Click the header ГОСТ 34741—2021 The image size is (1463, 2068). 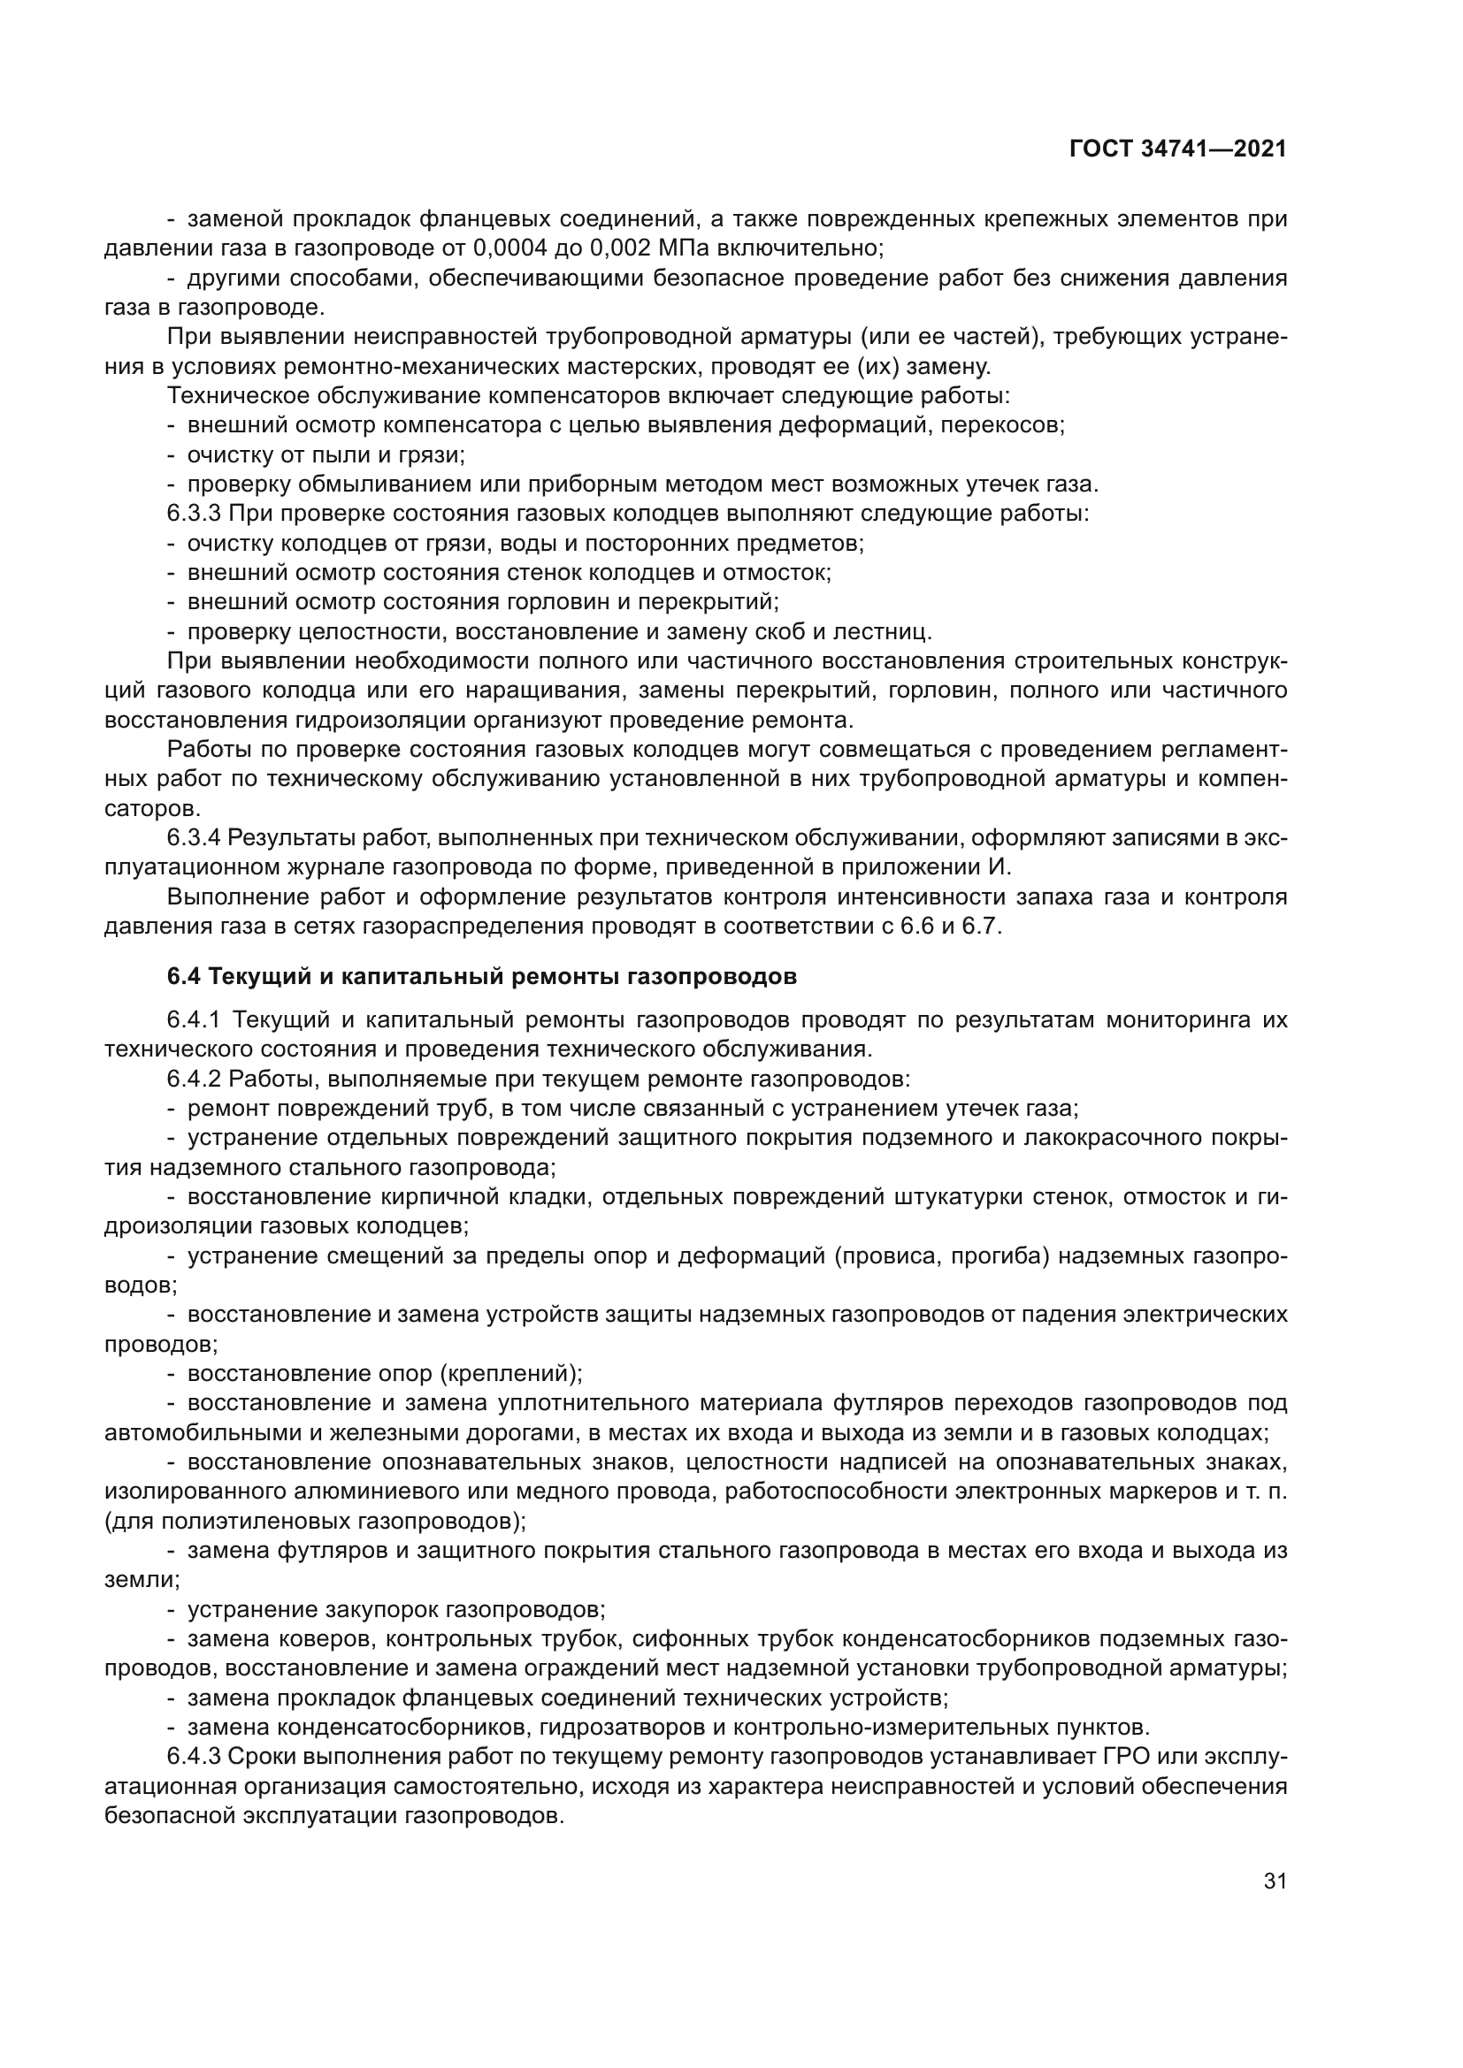coord(1177,149)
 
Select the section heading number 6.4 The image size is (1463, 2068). coord(184,976)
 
